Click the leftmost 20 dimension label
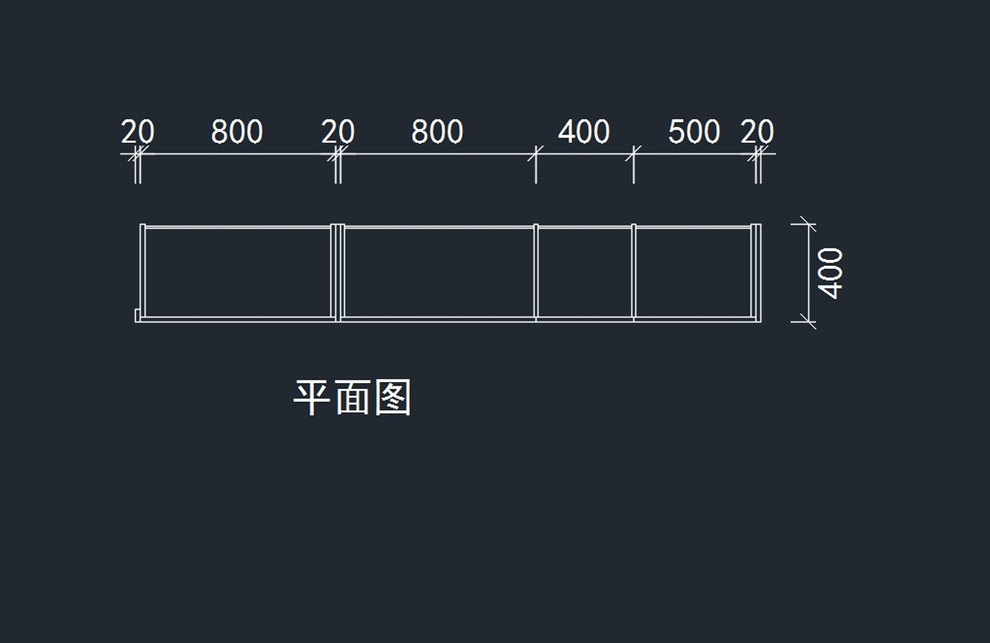(138, 132)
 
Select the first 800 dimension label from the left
(237, 132)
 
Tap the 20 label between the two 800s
(337, 132)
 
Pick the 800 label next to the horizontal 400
(437, 132)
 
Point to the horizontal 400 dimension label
(584, 132)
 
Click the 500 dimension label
(694, 132)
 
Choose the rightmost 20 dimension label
(757, 132)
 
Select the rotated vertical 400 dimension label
(831, 272)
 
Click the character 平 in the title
(313, 399)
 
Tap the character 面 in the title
(353, 399)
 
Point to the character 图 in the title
(393, 399)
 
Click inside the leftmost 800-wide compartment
(238, 272)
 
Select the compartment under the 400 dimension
(584, 272)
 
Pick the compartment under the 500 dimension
(693, 272)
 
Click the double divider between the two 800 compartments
(337, 272)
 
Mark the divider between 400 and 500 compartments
(634, 272)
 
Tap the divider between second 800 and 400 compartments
(535, 272)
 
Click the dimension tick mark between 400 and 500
(634, 154)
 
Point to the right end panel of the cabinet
(756, 272)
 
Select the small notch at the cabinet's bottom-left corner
(138, 315)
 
